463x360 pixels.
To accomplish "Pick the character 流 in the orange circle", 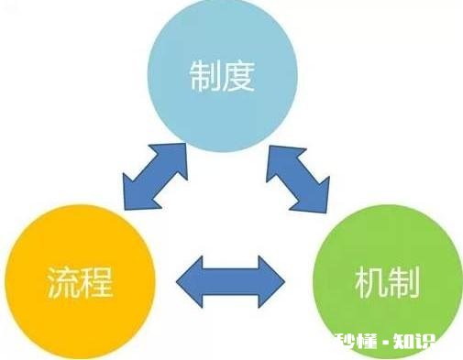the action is click(61, 283).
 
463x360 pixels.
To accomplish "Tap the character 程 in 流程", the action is click(94, 283).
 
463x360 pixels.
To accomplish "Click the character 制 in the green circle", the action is click(403, 282).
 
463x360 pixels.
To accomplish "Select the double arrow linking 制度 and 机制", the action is click(297, 176).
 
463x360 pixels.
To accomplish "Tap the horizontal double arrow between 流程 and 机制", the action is click(230, 280).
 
